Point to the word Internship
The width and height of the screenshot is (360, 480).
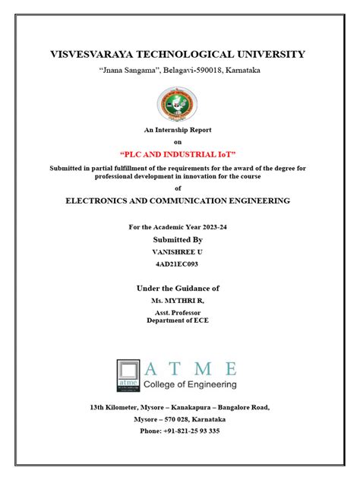[171, 130]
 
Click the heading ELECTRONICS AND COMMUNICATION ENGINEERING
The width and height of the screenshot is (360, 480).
[178, 201]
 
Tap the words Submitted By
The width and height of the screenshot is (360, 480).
[178, 239]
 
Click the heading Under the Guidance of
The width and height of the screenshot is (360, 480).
[178, 289]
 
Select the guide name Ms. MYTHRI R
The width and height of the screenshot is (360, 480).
[178, 302]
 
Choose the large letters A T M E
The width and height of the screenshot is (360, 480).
[191, 369]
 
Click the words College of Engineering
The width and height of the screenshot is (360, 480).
[190, 385]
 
